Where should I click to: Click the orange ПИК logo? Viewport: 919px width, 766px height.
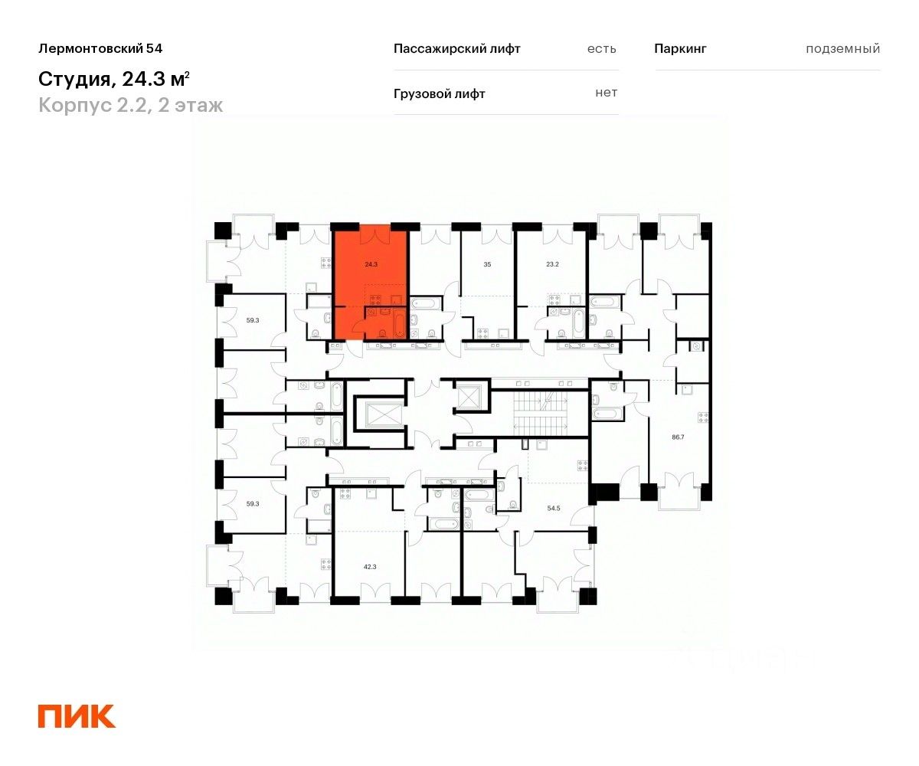tap(77, 715)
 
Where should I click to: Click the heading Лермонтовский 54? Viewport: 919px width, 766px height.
tap(100, 48)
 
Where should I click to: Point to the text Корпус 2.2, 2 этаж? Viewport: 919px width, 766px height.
tap(131, 105)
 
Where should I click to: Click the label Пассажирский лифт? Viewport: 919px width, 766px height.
tap(456, 48)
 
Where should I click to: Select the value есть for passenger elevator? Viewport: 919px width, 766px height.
tap(601, 48)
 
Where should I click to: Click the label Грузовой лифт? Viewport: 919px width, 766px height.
tap(439, 93)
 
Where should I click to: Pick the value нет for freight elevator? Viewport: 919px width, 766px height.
tap(606, 93)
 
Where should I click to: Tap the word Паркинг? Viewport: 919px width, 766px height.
tap(680, 48)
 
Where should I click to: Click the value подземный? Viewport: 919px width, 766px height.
tap(842, 48)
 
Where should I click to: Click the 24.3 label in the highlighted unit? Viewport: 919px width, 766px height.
tap(371, 264)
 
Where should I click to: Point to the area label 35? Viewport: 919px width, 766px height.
tap(487, 264)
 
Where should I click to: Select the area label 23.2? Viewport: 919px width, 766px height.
tap(552, 264)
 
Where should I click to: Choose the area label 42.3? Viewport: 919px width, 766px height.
tap(369, 566)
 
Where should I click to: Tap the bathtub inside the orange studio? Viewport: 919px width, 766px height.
tap(401, 323)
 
